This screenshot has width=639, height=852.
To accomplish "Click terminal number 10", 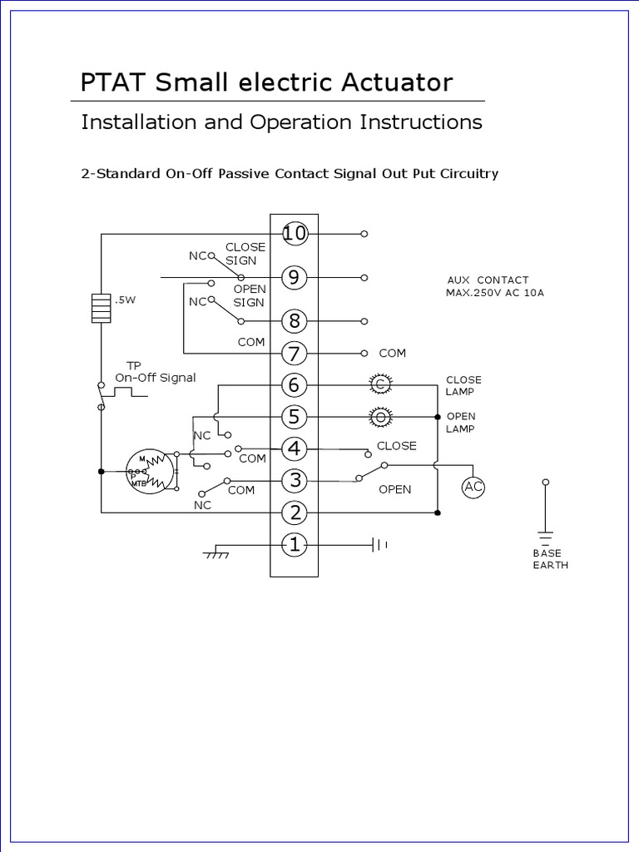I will [294, 234].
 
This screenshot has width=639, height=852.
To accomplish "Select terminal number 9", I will [294, 278].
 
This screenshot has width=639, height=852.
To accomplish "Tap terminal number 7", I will [294, 353].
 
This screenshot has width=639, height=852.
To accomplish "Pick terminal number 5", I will [294, 416].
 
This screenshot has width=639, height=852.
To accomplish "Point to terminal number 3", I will [294, 481].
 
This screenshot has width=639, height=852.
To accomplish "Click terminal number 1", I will [294, 545].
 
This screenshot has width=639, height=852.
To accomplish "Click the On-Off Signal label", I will [156, 377].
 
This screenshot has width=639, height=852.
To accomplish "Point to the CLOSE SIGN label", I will [245, 253].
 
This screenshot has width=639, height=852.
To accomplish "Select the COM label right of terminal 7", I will [393, 353].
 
